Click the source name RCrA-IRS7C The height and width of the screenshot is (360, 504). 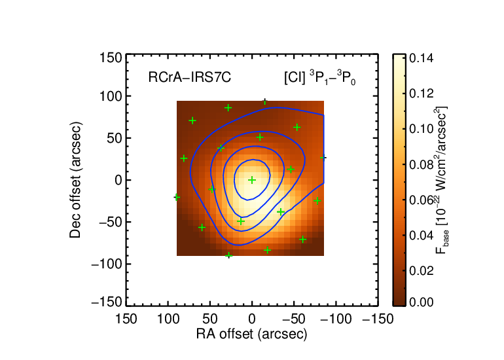tap(190, 77)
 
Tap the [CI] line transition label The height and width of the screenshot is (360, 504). tap(320, 78)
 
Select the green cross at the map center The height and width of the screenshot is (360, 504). tap(252, 180)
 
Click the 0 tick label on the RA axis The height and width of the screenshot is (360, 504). tap(252, 319)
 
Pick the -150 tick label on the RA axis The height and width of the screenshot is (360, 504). tap(378, 319)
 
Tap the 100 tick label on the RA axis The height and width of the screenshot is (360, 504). tap(168, 319)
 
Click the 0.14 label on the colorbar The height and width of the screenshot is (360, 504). tap(421, 58)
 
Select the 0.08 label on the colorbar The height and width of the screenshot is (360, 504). tap(421, 164)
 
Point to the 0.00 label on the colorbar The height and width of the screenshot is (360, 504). tap(421, 302)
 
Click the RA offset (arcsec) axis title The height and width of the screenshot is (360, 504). tap(252, 334)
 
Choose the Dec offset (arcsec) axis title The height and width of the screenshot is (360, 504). tap(75, 180)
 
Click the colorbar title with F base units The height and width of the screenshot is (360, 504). tap(442, 180)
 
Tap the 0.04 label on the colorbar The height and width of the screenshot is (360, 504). tap(421, 235)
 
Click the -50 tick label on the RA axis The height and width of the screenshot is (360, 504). tap(294, 319)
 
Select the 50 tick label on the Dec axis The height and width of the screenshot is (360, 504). tap(115, 138)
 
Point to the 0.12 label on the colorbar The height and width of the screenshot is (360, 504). tap(421, 94)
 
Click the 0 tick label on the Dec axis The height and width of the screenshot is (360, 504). tap(118, 180)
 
